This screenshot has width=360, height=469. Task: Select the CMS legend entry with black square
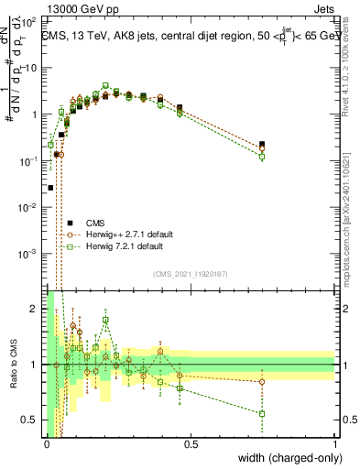pyautogui.click(x=95, y=223)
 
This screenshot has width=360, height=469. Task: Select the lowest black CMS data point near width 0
pyautogui.click(x=50, y=187)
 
